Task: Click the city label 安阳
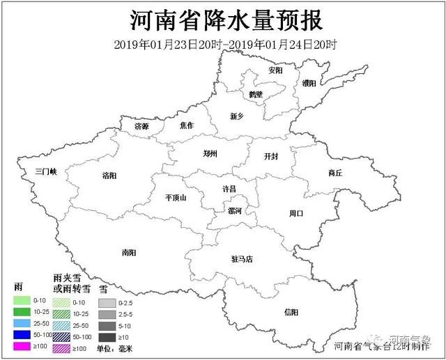(x=275, y=71)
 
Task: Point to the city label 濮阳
(x=309, y=83)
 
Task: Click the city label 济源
(x=142, y=127)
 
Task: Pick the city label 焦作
(x=187, y=125)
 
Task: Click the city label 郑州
(x=210, y=153)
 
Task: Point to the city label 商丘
(x=334, y=173)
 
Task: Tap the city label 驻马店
(x=242, y=259)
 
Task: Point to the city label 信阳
(x=291, y=311)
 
